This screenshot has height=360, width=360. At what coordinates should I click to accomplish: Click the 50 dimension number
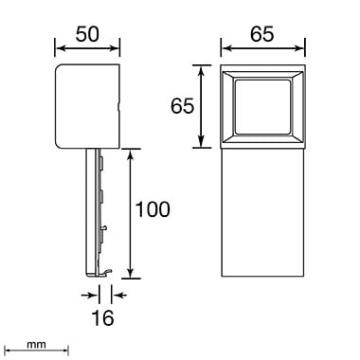click(x=87, y=34)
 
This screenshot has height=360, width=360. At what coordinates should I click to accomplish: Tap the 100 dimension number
click(x=153, y=209)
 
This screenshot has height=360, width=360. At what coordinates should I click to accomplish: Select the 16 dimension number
click(x=102, y=317)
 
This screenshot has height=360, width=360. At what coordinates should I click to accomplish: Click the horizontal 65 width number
click(x=262, y=34)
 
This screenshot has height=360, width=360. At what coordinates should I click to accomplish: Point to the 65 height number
click(x=182, y=106)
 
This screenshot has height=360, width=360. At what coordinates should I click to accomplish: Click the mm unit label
click(x=36, y=345)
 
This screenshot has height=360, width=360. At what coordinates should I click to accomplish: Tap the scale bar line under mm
click(x=38, y=351)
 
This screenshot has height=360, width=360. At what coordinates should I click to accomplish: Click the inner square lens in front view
click(x=262, y=107)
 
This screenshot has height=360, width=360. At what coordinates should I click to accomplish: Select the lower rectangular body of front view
click(x=262, y=212)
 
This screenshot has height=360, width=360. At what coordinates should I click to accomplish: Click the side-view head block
click(x=87, y=106)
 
